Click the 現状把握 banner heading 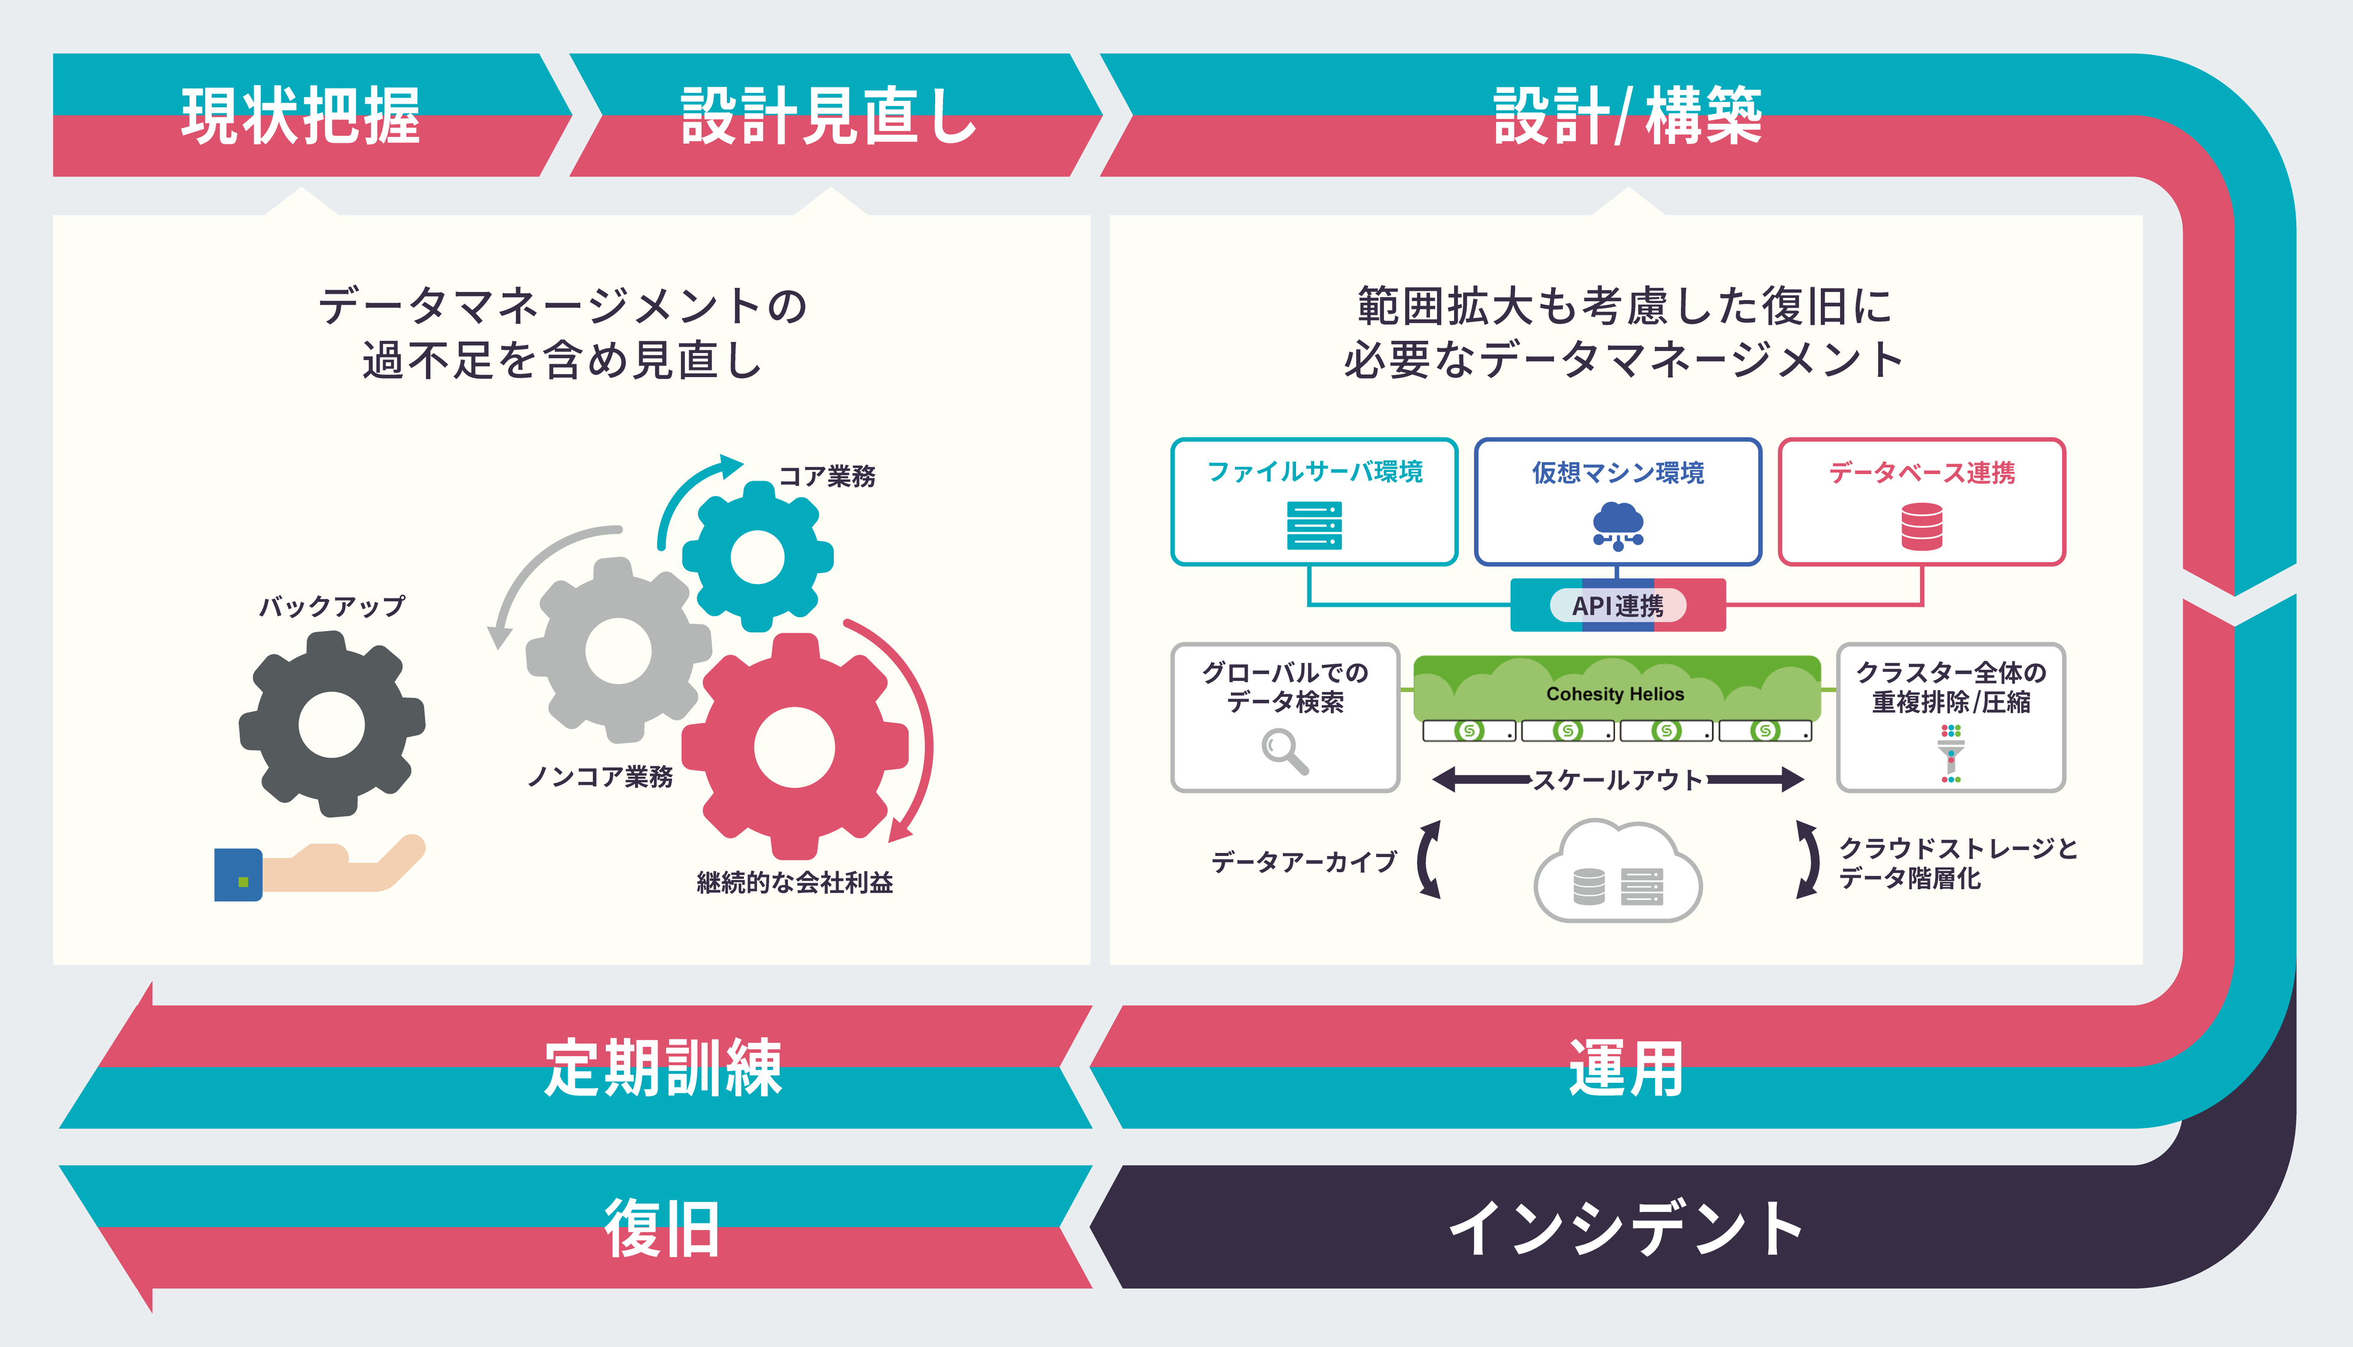click(x=300, y=116)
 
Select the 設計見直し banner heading click(x=828, y=116)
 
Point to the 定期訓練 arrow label click(x=662, y=1068)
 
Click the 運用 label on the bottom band click(x=1626, y=1068)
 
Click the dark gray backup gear click(x=331, y=724)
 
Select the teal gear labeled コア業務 click(x=758, y=557)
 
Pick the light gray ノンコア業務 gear click(x=618, y=650)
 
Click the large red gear click(x=794, y=747)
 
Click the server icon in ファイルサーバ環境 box click(x=1314, y=525)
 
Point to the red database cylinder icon click(x=1922, y=527)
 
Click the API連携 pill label click(x=1618, y=606)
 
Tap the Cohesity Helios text click(x=1616, y=694)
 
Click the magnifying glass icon click(x=1284, y=750)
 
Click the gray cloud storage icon click(x=1618, y=874)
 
